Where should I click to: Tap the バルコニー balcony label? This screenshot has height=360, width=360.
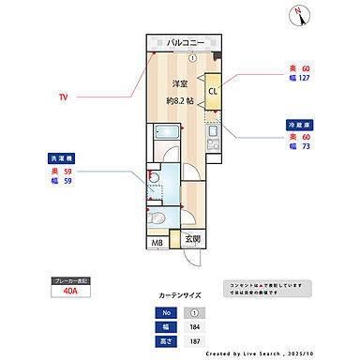pyautogui.click(x=185, y=43)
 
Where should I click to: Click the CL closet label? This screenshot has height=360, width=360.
pyautogui.click(x=213, y=91)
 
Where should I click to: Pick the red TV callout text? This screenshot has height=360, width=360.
pyautogui.click(x=63, y=97)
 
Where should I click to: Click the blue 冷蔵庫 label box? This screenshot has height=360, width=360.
pyautogui.click(x=299, y=124)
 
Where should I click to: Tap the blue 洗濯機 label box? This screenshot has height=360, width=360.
pyautogui.click(x=61, y=159)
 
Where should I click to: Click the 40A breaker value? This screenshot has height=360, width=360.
pyautogui.click(x=71, y=292)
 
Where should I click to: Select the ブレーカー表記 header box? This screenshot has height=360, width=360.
pyautogui.click(x=71, y=279)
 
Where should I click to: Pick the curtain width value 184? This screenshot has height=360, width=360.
pyautogui.click(x=194, y=326)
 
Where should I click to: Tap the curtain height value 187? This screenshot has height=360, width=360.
pyautogui.click(x=194, y=341)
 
